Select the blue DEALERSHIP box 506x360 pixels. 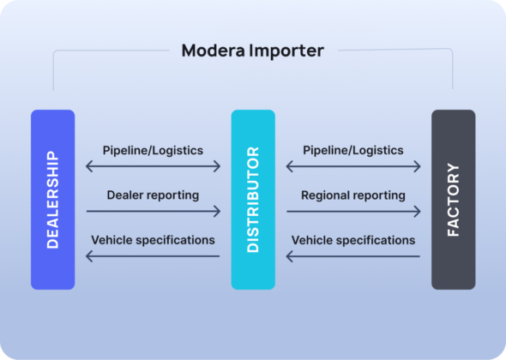[53, 199]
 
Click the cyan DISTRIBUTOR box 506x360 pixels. [253, 199]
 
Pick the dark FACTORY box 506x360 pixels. [453, 199]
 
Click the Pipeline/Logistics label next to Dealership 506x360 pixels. [153, 150]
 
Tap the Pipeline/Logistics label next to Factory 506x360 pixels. [352, 150]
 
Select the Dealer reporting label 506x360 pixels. [153, 195]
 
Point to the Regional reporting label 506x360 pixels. [352, 195]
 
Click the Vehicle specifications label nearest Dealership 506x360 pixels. [153, 240]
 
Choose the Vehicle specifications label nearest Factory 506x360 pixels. [352, 240]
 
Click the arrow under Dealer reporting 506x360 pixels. [153, 211]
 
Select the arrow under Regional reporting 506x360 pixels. [352, 211]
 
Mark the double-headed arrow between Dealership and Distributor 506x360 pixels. [153, 166]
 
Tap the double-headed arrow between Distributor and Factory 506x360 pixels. [352, 166]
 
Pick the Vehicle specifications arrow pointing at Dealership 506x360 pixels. [153, 255]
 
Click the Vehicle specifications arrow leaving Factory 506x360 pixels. [352, 255]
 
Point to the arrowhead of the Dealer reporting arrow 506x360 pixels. [218, 211]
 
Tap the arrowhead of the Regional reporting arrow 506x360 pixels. [418, 211]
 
